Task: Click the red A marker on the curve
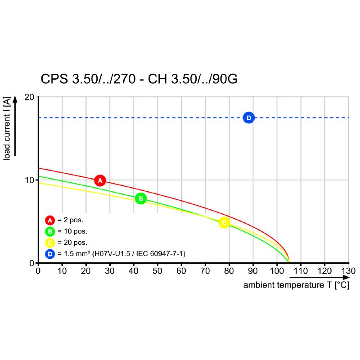coord(100,180)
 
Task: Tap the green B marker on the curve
coord(140,198)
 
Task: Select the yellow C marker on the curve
coord(224,222)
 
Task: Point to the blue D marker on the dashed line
coord(248,117)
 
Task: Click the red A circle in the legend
coord(50,220)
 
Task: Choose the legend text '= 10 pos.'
coord(72,231)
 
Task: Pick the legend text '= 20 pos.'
coord(72,243)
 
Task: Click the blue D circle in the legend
coord(50,254)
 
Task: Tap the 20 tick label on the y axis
coord(30,97)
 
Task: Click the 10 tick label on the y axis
coord(30,180)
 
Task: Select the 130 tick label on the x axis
coord(348,271)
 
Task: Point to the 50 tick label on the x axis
coord(157,271)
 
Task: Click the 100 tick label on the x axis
coord(277,271)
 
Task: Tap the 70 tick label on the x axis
coord(205,271)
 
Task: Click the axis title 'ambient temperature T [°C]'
coord(296,285)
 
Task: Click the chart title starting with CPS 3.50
coord(139,79)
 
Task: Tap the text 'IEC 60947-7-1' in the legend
coord(162,254)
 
